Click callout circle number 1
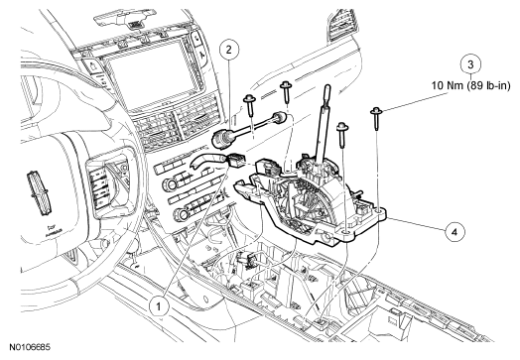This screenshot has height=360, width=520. pos(159,306)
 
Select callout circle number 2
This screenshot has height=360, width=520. pos(229,50)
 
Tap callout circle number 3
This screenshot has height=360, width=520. pos(470,64)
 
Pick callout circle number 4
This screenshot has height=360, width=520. pos(455,232)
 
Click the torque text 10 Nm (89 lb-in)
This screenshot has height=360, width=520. pos(470,85)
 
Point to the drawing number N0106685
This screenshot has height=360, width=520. pos(30,347)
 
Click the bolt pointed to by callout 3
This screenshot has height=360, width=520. pos(376,118)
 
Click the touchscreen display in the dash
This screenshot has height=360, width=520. pos(151,80)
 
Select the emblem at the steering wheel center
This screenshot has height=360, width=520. pos(41,193)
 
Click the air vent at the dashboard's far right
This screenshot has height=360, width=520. pos(341,25)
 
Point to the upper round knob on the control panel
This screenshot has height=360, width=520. pos(171,184)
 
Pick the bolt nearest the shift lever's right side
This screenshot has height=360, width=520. pos(342,135)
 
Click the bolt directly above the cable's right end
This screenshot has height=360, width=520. pos(286,92)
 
